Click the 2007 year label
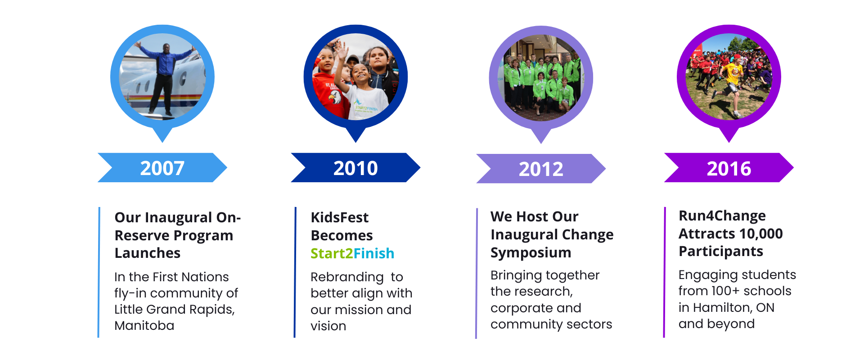(162, 168)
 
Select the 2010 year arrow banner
(355, 167)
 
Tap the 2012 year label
(541, 169)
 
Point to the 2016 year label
(729, 169)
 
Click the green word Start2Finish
(352, 253)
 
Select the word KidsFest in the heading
(340, 217)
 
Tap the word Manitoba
(144, 325)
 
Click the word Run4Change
(722, 216)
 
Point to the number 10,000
(761, 234)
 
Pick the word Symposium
(531, 253)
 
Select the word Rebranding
(347, 277)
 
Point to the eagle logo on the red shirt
(335, 97)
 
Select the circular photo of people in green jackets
(541, 78)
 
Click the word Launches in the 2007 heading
(148, 253)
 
